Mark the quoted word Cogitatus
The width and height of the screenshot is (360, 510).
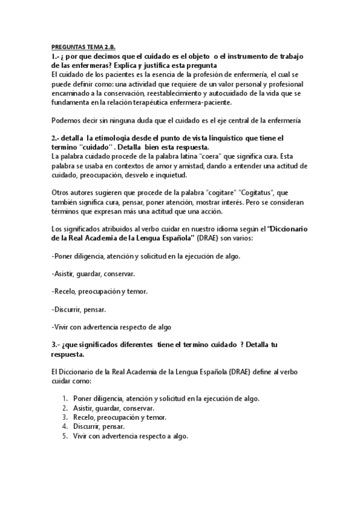tap(268, 193)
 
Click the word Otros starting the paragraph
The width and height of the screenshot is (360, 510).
tap(61, 193)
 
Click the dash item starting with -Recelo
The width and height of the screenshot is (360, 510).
tap(99, 292)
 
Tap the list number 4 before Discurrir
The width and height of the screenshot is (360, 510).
tap(65, 426)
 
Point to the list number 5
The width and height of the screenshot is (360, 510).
tap(65, 436)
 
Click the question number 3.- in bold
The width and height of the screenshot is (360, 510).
tap(58, 345)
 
